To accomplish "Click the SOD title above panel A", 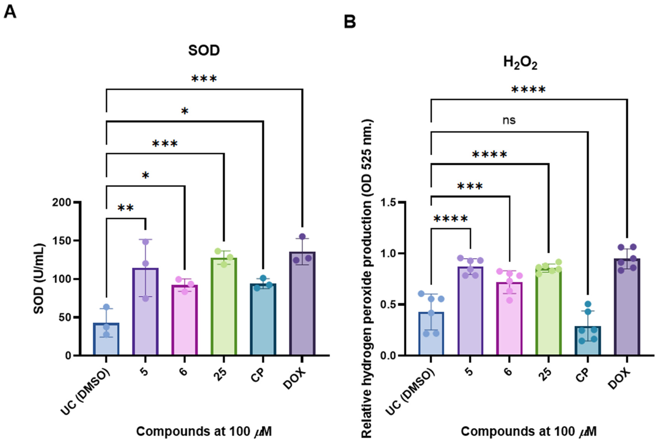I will coord(204,51).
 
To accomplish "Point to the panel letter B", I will coord(350,22).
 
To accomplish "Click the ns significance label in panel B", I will coord(509,120).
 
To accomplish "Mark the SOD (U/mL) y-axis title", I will coord(39,279).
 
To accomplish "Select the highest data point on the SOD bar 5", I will coord(145,242).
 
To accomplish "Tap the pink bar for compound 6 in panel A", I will coord(185,321).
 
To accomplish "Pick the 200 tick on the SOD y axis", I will coord(62,202).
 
